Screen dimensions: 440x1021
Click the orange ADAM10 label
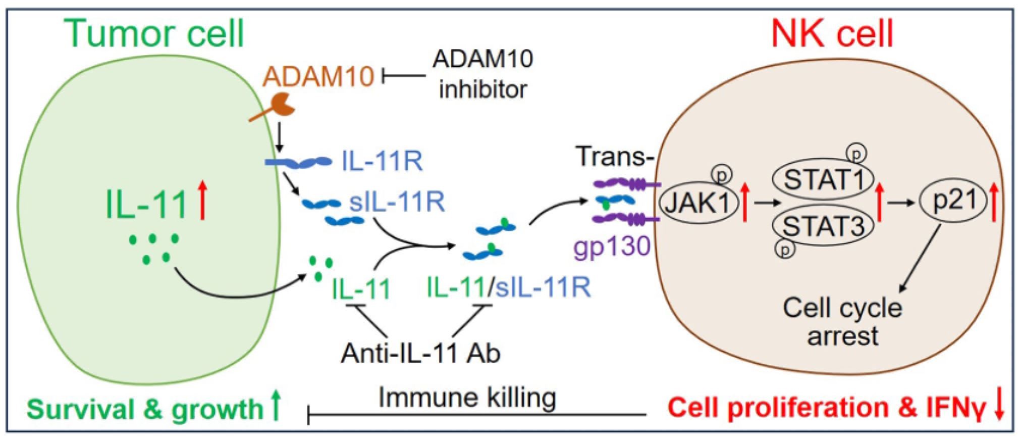[318, 77]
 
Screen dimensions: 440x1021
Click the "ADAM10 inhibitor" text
[482, 75]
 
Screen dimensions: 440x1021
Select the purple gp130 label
[612, 247]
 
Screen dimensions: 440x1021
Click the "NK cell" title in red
[833, 33]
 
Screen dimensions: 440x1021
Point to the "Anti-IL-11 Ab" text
[420, 353]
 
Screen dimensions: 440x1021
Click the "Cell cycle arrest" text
[842, 321]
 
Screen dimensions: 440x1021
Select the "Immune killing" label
[467, 397]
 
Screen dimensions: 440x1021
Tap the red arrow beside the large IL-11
[202, 201]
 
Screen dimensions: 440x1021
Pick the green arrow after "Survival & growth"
[275, 407]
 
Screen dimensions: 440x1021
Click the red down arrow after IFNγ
[999, 407]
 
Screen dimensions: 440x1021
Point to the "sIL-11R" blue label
[397, 202]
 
